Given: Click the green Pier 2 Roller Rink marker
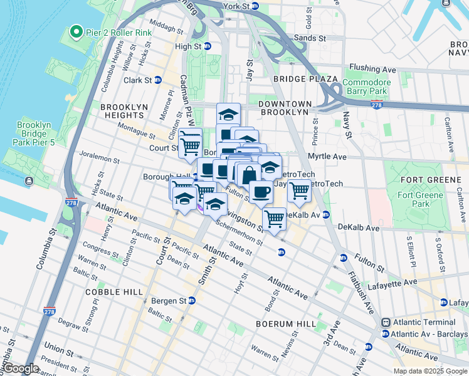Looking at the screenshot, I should tap(76, 31).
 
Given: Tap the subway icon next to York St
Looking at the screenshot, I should tap(255, 6).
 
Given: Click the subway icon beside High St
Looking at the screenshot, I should tap(207, 46).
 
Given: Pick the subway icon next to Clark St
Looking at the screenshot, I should tap(158, 80).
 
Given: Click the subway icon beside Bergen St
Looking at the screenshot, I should tap(192, 301).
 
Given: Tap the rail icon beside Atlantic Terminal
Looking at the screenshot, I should tap(386, 322).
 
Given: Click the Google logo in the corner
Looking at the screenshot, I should tap(21, 368).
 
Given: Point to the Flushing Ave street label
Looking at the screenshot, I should tap(372, 68).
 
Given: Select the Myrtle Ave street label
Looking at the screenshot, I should tap(327, 156).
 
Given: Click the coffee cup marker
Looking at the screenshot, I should tap(261, 191).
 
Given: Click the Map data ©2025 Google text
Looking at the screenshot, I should tap(430, 371).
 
